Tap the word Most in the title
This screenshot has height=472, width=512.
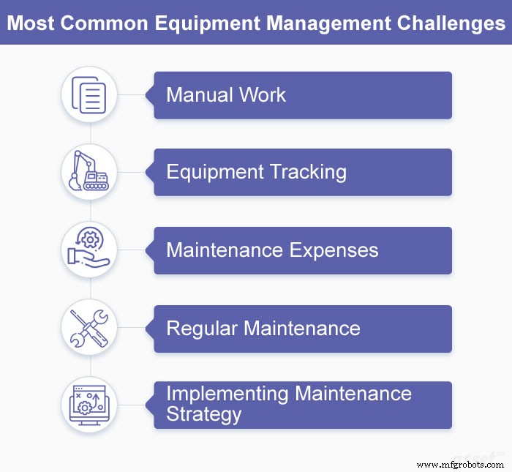pyautogui.click(x=31, y=23)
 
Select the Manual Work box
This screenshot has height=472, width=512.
pyautogui.click(x=302, y=95)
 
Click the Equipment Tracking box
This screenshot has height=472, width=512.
pyautogui.click(x=302, y=173)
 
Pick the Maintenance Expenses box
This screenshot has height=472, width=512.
pyautogui.click(x=302, y=250)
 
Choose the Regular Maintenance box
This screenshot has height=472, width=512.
pyautogui.click(x=302, y=328)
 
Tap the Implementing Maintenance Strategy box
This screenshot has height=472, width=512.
pyautogui.click(x=302, y=405)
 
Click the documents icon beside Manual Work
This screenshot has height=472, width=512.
pyautogui.click(x=89, y=95)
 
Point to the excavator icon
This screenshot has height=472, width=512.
pyautogui.click(x=89, y=173)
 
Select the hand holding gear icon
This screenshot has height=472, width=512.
pyautogui.click(x=89, y=250)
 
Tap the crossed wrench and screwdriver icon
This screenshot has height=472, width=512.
pyautogui.click(x=89, y=328)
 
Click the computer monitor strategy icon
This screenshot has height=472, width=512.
pyautogui.click(x=89, y=405)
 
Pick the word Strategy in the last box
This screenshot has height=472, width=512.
pyautogui.click(x=203, y=415)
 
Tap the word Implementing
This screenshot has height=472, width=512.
pyautogui.click(x=227, y=394)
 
